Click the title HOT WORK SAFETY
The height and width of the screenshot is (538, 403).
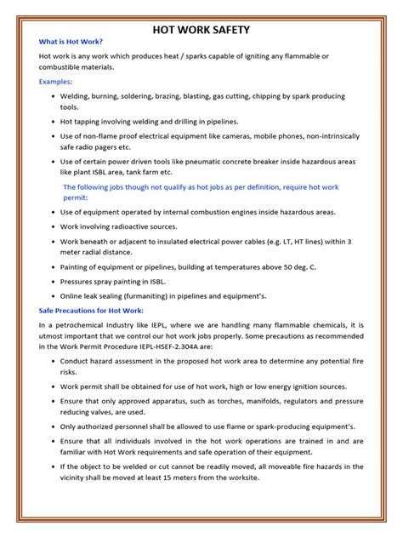tap(201, 30)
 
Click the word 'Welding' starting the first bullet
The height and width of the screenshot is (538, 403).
tap(75, 97)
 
